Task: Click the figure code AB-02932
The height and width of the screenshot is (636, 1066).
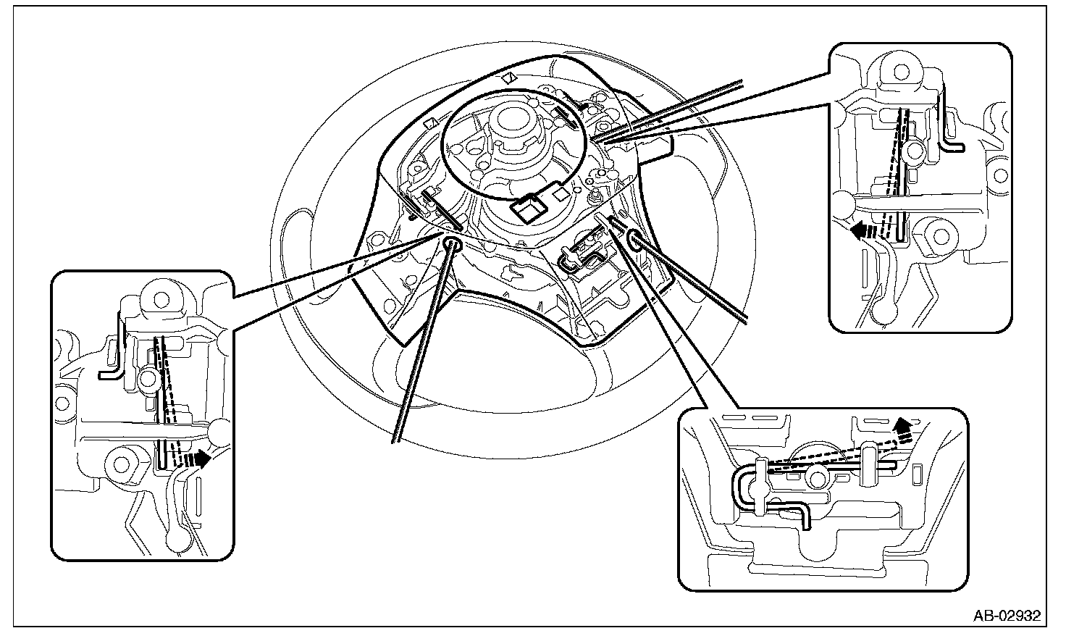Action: (x=1007, y=616)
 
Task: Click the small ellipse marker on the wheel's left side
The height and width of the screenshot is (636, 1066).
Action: (x=452, y=244)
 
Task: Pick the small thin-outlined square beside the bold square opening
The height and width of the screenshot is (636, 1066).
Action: (x=559, y=193)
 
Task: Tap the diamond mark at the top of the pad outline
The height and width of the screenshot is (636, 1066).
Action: (x=509, y=76)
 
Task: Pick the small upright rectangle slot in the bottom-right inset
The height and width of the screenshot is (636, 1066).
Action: (x=917, y=474)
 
